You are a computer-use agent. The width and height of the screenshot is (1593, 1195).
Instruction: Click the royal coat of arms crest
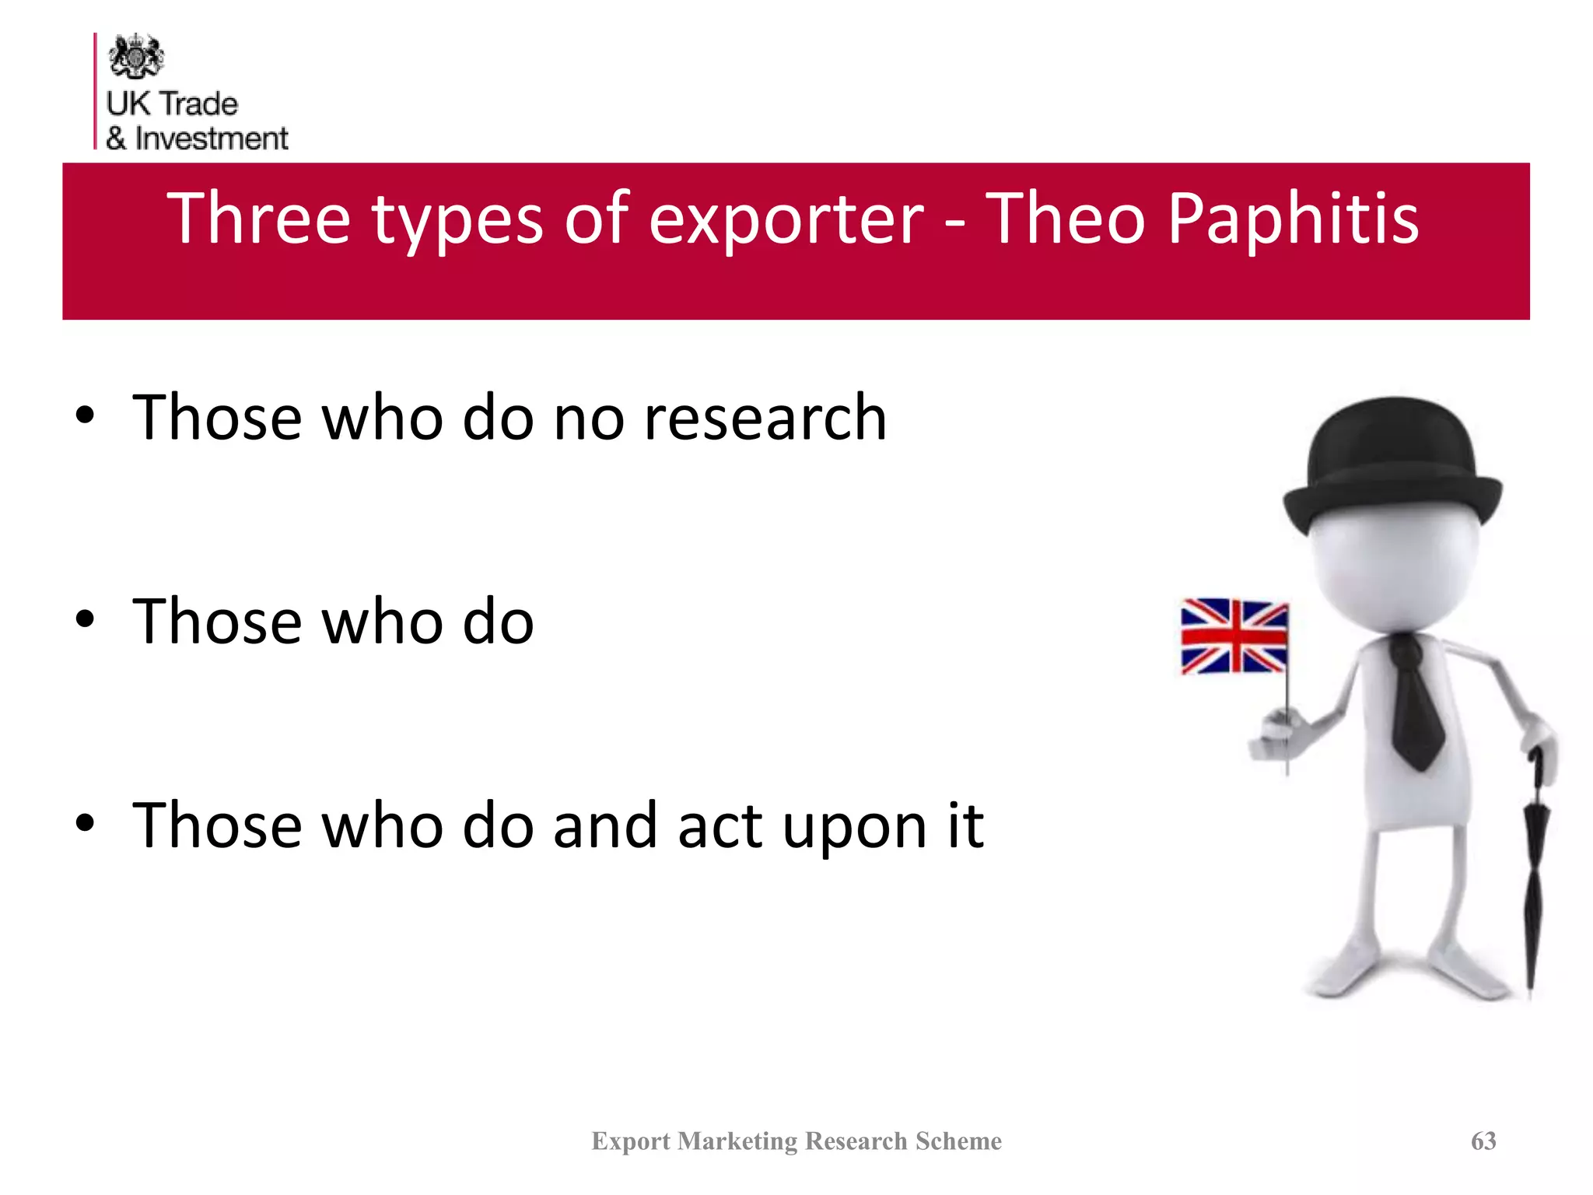(136, 56)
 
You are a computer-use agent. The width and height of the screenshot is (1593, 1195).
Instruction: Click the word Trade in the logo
(199, 103)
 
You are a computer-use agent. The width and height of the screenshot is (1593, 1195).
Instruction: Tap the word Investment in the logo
(212, 138)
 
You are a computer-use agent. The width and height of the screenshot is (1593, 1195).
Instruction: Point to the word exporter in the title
(786, 220)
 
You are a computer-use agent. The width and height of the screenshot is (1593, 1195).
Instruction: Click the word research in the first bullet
(765, 418)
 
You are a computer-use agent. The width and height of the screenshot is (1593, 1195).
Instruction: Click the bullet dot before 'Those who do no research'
(85, 415)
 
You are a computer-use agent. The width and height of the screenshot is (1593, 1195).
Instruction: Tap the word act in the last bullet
(719, 826)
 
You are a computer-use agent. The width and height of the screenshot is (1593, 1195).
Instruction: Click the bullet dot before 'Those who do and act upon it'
(85, 822)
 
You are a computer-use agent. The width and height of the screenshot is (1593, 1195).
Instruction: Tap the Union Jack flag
(1234, 636)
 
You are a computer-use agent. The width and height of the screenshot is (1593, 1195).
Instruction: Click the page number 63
(1483, 1141)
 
